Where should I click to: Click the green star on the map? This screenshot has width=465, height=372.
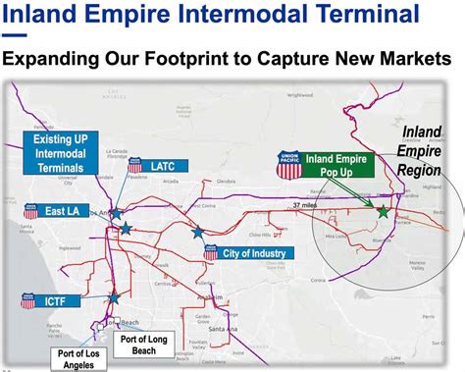(383, 211)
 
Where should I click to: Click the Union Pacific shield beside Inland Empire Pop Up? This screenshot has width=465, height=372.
(288, 164)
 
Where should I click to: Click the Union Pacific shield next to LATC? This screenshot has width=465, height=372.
(135, 166)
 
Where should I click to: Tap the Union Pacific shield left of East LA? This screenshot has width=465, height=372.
(30, 211)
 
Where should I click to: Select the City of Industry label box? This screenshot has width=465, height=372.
(254, 253)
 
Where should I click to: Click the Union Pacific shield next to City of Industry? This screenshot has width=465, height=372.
(210, 253)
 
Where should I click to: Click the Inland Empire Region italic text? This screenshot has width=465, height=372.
(419, 152)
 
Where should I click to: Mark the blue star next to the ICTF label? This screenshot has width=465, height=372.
(115, 295)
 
